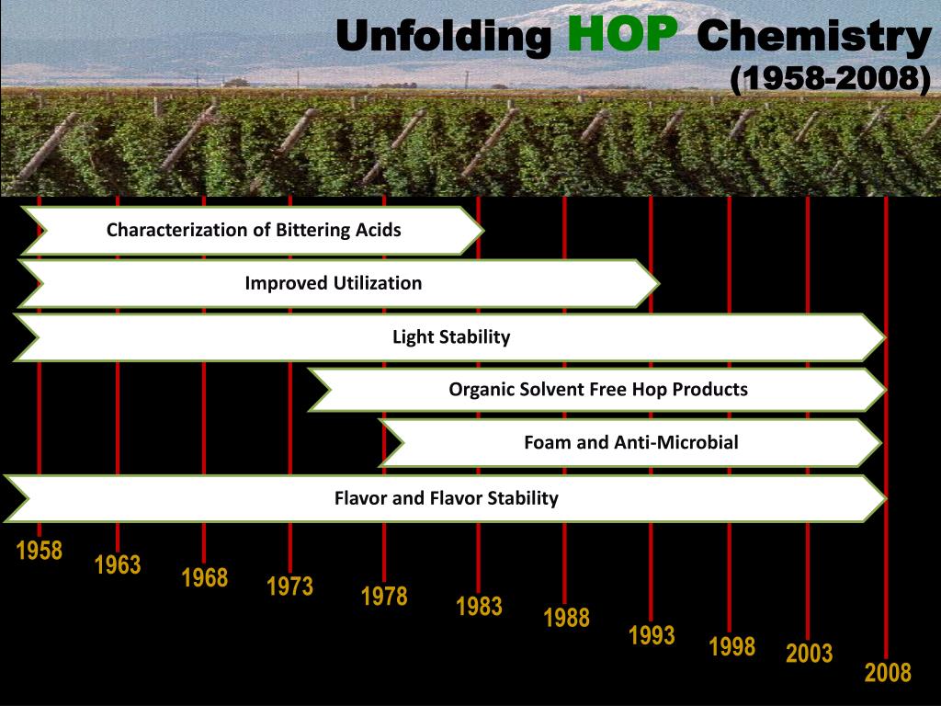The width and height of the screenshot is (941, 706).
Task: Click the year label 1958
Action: pos(40,551)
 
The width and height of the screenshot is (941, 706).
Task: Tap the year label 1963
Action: pos(118,564)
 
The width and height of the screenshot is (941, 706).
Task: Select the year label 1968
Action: pos(204,577)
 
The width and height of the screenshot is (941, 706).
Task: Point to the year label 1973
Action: pos(290,586)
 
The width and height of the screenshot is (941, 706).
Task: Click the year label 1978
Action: pos(384,596)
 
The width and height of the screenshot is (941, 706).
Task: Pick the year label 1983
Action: pos(479,606)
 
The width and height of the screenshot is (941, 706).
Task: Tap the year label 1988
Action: pos(566,617)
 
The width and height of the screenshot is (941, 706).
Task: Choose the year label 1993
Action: pos(652,635)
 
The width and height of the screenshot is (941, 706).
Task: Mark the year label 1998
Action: pos(731,646)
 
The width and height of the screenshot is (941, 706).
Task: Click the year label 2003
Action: pos(809,654)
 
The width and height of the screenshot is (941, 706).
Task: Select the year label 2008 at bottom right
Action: pos(887,673)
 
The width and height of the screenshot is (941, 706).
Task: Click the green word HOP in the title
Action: pos(622,35)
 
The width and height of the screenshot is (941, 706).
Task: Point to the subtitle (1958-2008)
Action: pos(830,79)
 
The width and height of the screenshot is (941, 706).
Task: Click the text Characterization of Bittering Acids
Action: pos(254,230)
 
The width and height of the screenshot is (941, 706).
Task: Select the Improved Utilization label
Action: pos(333,283)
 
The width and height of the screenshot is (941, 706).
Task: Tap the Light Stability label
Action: pos(450,336)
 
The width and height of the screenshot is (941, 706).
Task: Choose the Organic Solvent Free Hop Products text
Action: pos(598,389)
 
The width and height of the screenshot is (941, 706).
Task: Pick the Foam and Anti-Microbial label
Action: pos(630,442)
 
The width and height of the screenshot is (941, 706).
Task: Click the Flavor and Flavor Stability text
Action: pos(446,498)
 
